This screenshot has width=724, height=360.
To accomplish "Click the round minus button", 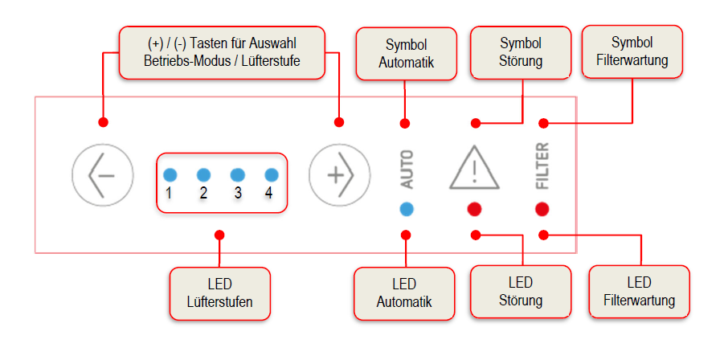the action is pyautogui.click(x=103, y=175).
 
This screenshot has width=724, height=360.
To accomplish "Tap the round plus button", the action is pyautogui.click(x=339, y=175).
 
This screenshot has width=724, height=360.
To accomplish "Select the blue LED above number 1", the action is pyautogui.click(x=170, y=175).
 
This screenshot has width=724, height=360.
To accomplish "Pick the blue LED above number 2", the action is pyautogui.click(x=203, y=175).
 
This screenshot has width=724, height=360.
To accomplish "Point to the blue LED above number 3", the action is pyautogui.click(x=237, y=175).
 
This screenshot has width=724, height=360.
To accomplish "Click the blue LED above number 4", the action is pyautogui.click(x=271, y=175).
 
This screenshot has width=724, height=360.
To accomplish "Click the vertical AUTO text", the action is pyautogui.click(x=407, y=170).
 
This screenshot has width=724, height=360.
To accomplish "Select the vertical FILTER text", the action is pyautogui.click(x=542, y=166).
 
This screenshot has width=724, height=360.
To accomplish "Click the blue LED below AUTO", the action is pyautogui.click(x=407, y=209).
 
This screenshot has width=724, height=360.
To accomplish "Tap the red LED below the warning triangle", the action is pyautogui.click(x=474, y=209).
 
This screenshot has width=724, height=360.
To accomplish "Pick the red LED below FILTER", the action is pyautogui.click(x=542, y=209).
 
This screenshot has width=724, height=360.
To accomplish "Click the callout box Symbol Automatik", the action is pyautogui.click(x=407, y=54).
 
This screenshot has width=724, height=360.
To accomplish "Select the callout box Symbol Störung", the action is pyautogui.click(x=521, y=52).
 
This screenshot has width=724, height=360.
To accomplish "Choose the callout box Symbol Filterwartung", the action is pyautogui.click(x=632, y=51).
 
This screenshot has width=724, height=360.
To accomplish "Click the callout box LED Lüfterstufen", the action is pyautogui.click(x=220, y=293).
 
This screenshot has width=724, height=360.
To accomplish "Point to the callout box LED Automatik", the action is pyautogui.click(x=404, y=293).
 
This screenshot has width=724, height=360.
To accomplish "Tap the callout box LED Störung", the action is pyautogui.click(x=521, y=292).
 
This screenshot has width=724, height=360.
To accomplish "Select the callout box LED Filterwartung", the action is pyautogui.click(x=640, y=292).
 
